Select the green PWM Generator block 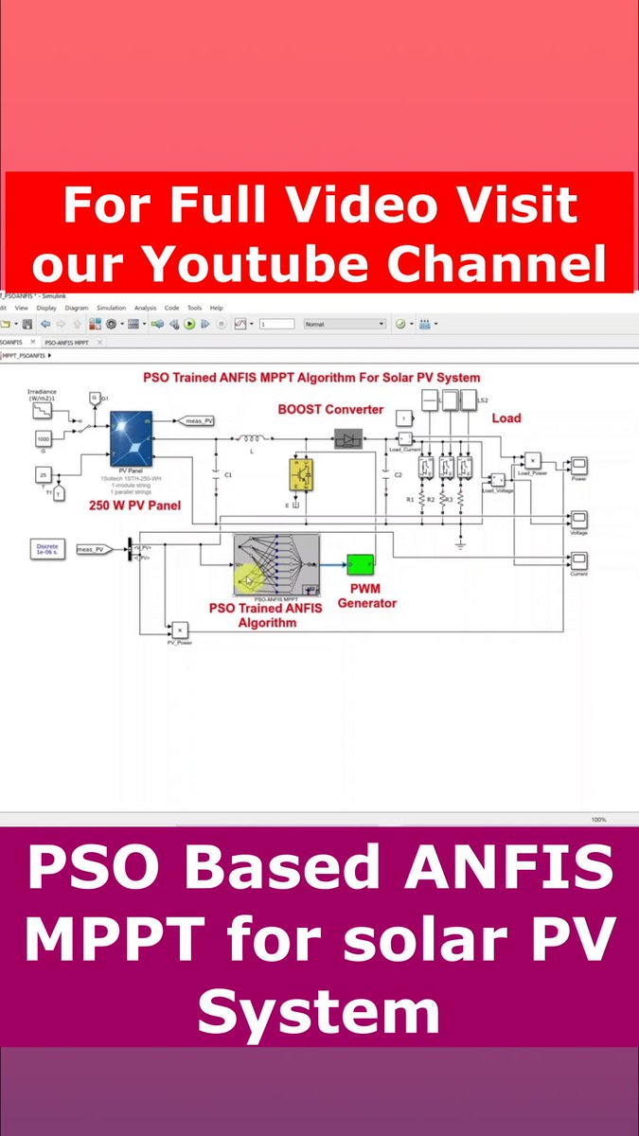point(361,566)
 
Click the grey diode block point(349,438)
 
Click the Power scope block point(577,466)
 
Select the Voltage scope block point(577,519)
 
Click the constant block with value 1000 point(44,438)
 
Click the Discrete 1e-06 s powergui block point(47,549)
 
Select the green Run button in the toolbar point(189,324)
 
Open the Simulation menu point(111,308)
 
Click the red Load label point(506,417)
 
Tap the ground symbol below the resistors point(459,544)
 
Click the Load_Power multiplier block point(532,460)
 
